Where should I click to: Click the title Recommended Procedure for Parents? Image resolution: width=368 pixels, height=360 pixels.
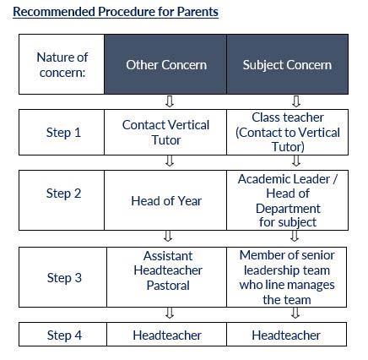point(116,12)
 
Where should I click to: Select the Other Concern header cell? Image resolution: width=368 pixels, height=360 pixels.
point(165,64)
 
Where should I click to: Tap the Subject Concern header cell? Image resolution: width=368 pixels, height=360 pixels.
point(287,64)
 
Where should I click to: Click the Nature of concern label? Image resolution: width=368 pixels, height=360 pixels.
point(62,65)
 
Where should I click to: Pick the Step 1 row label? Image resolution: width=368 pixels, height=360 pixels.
point(63,133)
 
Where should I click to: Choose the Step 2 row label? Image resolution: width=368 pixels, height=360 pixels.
point(63,194)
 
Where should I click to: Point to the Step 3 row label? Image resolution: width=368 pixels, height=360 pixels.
point(64,278)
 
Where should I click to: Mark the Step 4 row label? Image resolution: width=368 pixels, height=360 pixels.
point(64,335)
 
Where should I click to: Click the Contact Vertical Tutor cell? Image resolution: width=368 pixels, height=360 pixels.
point(165,133)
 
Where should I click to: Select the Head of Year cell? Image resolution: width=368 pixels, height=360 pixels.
point(165,200)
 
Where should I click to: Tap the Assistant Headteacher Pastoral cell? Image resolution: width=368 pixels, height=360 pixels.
point(166,277)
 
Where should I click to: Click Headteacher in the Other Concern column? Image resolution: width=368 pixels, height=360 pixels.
point(166,335)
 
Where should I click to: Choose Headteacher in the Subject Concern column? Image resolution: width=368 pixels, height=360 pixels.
point(286,335)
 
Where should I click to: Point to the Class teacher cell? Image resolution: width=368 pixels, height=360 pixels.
point(287,133)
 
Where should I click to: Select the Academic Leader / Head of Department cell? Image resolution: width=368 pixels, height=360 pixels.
point(287,200)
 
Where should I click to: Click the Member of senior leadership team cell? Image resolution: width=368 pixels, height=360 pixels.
point(286,277)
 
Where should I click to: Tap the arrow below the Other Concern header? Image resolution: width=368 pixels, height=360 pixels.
point(170,101)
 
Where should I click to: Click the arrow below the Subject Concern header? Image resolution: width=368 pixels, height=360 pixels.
point(296,101)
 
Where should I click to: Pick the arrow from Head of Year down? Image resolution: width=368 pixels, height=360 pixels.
point(168,236)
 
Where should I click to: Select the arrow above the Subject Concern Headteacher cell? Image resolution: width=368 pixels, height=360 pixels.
point(295,313)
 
